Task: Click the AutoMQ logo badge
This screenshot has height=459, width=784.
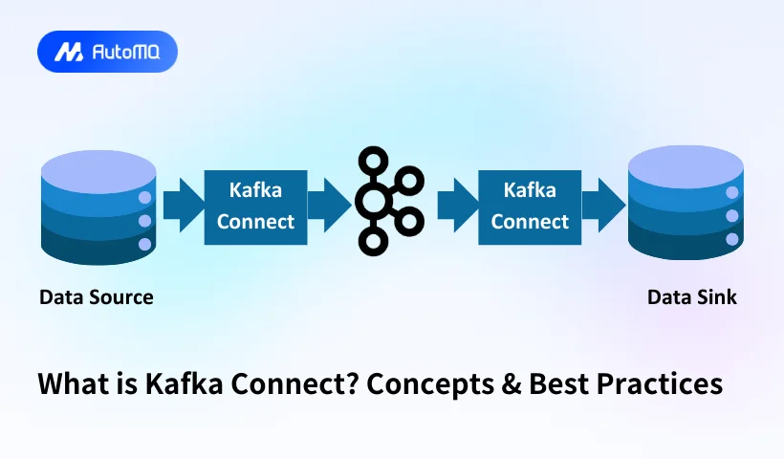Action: tap(107, 52)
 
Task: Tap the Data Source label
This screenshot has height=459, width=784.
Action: tap(96, 297)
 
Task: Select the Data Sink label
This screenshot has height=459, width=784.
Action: tap(692, 297)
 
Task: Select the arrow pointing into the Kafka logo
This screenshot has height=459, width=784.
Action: tap(328, 203)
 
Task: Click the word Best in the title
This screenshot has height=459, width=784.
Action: tap(567, 384)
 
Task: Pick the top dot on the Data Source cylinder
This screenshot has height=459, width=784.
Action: tap(145, 198)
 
